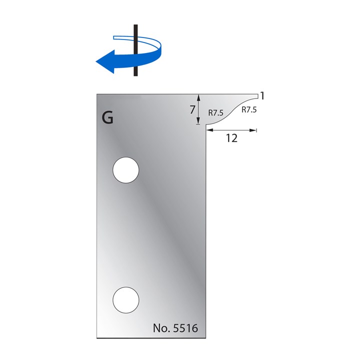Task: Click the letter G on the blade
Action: (x=107, y=118)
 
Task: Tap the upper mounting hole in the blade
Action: (x=125, y=170)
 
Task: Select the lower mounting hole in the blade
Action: (x=125, y=300)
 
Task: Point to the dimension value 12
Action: (x=231, y=138)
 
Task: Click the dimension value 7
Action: (x=192, y=110)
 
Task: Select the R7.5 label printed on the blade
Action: (x=216, y=112)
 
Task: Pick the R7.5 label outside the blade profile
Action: (x=248, y=110)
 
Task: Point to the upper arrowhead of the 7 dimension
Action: (x=198, y=95)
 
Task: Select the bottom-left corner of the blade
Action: (x=96, y=338)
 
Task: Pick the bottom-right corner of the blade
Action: (x=205, y=338)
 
